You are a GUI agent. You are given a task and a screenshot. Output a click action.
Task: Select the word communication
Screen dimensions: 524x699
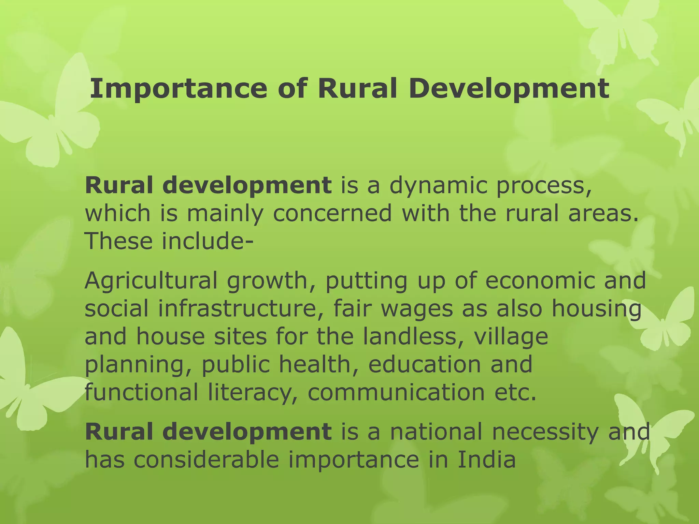396,392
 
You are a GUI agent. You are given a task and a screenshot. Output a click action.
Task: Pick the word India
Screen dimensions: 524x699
486,460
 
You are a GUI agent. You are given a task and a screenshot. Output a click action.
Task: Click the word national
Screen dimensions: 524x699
437,432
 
